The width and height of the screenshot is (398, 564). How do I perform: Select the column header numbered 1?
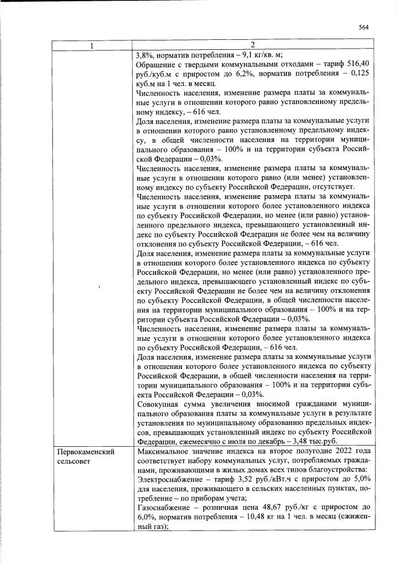click(92, 45)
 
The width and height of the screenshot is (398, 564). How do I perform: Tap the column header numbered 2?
click(252, 45)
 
